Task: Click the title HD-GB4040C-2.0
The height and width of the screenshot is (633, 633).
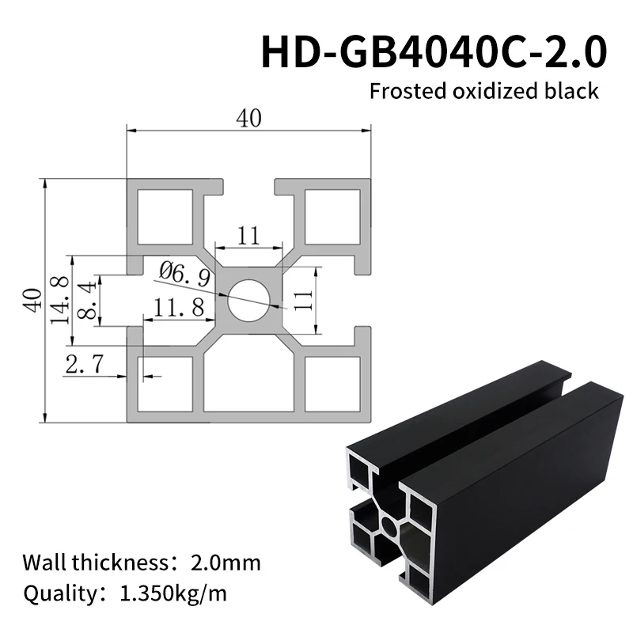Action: tap(434, 51)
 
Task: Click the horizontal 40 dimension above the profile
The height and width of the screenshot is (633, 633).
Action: tap(248, 119)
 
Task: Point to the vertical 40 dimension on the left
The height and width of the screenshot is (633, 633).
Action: tap(32, 300)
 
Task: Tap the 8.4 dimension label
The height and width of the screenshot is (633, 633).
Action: tap(89, 301)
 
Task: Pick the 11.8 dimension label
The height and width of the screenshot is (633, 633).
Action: tap(179, 308)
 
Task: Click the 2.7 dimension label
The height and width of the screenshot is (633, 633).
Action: tap(82, 365)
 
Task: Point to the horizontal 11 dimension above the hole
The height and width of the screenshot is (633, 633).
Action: tap(248, 235)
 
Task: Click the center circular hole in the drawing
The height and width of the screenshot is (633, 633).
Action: tap(248, 301)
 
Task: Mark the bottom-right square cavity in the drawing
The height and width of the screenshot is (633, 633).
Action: tap(331, 384)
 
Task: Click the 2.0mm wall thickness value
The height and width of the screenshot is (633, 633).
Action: tap(226, 563)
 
